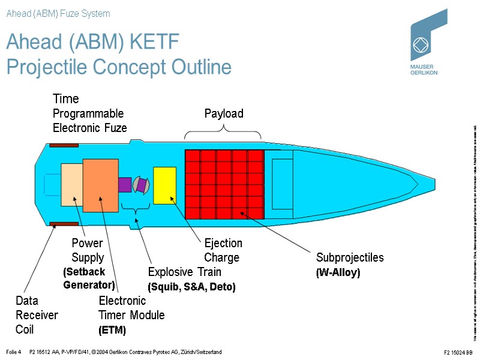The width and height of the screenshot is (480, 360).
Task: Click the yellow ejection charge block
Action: (164, 185)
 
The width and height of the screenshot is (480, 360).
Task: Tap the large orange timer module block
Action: (101, 185)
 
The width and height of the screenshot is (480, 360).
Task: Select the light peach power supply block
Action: (71, 185)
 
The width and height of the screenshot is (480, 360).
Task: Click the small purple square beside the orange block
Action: (125, 184)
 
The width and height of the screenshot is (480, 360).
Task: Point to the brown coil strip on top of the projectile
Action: (64, 145)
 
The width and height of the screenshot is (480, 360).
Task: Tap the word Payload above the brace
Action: (224, 114)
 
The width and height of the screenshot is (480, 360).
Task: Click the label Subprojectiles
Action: (350, 257)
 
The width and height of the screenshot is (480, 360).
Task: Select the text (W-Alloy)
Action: (338, 272)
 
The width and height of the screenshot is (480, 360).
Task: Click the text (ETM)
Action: (112, 330)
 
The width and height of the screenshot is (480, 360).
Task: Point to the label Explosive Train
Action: (184, 272)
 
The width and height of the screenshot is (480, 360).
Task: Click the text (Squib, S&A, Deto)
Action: (191, 287)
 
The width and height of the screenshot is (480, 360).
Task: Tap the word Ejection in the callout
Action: (223, 243)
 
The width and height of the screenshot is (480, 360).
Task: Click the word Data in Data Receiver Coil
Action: (27, 301)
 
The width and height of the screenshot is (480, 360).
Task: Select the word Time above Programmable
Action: (66, 98)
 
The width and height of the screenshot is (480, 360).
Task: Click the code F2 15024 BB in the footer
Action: (458, 352)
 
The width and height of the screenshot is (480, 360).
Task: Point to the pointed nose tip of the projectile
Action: (433, 184)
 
